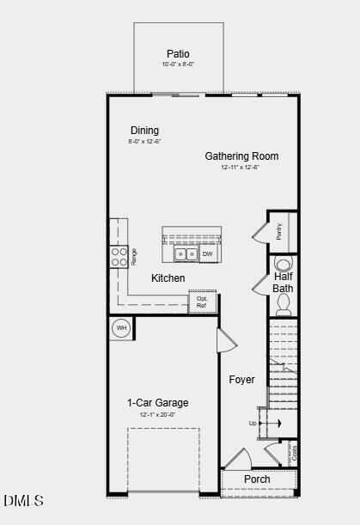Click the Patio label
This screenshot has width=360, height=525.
coord(178,53)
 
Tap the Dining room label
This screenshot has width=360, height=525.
coord(144,131)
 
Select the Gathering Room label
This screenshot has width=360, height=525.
coord(241,156)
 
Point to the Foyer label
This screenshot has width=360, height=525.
coord(242,379)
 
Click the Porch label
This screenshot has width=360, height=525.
coord(257,479)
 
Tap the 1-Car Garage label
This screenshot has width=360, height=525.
coord(158,403)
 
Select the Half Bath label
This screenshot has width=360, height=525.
coord(284,283)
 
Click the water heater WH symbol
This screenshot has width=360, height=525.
coord(121,327)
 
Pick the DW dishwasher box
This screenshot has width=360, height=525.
coord(207,254)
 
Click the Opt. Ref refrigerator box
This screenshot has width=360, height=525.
coord(202,302)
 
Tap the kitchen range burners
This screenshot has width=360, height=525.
coord(118,256)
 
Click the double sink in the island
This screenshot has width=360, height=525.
coord(186,254)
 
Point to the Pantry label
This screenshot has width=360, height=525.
coord(280,231)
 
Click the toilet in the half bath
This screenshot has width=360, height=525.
coord(284,304)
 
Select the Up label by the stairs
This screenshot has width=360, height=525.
coord(253,423)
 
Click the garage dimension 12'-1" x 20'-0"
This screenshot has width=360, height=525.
coord(158,415)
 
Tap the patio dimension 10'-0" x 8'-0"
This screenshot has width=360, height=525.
coord(178,64)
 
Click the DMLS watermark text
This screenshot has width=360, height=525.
coord(23,500)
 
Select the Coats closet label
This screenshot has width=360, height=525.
coord(294,453)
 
